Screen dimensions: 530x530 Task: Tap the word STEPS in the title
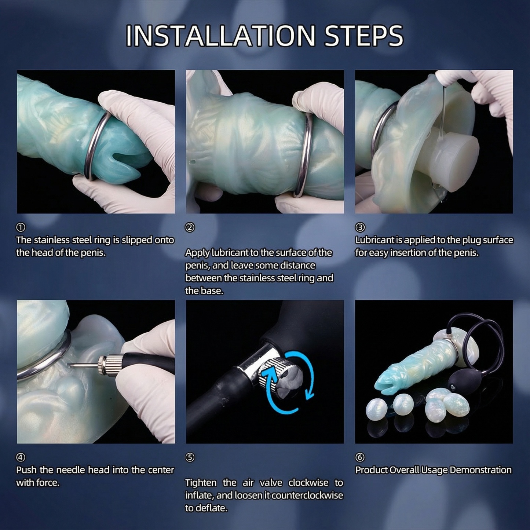[x=364, y=36]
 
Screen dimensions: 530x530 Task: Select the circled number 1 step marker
[x=21, y=227]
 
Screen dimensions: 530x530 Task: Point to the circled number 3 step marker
[x=360, y=227]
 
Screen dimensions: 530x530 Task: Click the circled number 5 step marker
[x=190, y=457]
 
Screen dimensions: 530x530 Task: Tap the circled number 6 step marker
[x=360, y=457]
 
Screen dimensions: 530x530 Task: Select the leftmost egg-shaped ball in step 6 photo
[x=377, y=408]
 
